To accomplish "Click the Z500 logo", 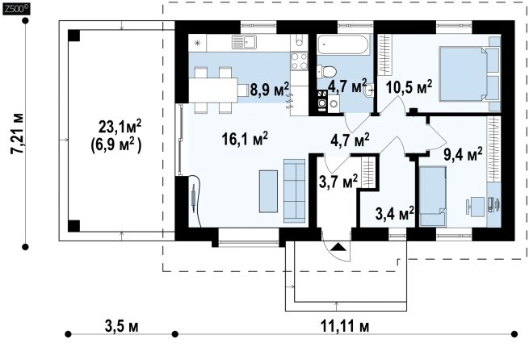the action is point(16,9).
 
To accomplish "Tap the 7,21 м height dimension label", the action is point(18,134).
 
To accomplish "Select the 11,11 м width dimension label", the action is point(345,326).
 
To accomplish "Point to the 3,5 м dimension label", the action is point(121,326).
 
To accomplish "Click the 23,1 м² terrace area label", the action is point(120,127).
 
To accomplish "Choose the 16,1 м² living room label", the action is point(246,139).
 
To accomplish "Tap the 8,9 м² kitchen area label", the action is point(270,89).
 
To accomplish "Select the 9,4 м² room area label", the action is point(463,155).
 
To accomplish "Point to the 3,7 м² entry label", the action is point(338,182).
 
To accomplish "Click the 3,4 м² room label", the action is point(395,213).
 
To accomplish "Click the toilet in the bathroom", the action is point(326,72).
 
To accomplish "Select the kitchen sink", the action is point(244,42).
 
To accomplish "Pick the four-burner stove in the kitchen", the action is point(300,61).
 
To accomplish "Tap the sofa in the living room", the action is point(295,190).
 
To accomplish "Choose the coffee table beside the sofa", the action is point(269,191).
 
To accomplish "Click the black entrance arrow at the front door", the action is point(338,247).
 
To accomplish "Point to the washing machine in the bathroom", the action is point(322,103).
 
